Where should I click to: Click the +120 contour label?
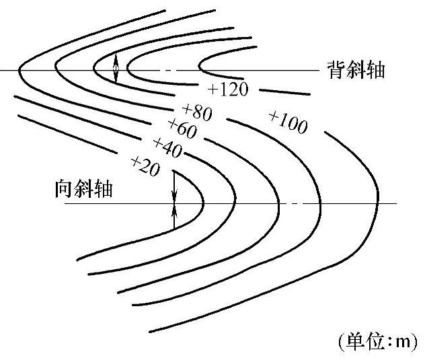pyautogui.click(x=229, y=89)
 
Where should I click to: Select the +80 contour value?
pyautogui.click(x=197, y=111)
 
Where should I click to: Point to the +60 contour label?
pyautogui.click(x=182, y=128)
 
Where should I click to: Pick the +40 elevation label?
pyautogui.click(x=167, y=147)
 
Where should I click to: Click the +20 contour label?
pyautogui.click(x=145, y=166)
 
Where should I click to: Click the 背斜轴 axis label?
pyautogui.click(x=356, y=70)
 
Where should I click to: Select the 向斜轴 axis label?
pyautogui.click(x=83, y=189)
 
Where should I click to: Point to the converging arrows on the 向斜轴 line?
pyautogui.click(x=174, y=201)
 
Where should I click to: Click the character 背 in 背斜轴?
pyautogui.click(x=337, y=70)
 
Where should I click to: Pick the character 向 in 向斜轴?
pyautogui.click(x=64, y=189)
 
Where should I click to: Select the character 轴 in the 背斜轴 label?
pyautogui.click(x=375, y=70)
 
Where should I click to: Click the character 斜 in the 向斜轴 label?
pyautogui.click(x=83, y=189)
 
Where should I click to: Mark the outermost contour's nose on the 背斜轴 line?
pyautogui.click(x=19, y=70)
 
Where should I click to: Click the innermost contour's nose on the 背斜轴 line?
pyautogui.click(x=199, y=70)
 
